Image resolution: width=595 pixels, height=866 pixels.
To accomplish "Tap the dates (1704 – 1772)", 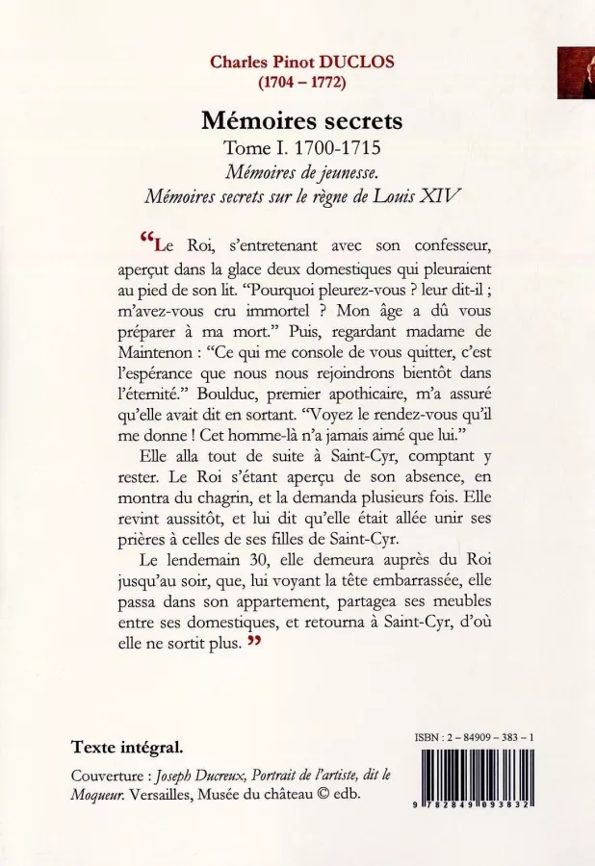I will (301, 81).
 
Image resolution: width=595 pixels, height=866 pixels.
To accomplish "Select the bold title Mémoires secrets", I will (301, 122).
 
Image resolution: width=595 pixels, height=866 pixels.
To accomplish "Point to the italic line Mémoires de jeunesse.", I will (301, 173).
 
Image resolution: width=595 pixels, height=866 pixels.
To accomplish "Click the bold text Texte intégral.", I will (126, 747).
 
